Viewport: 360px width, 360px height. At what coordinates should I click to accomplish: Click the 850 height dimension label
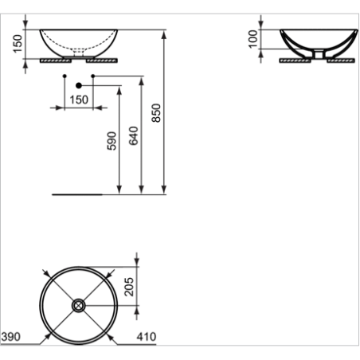coord(156,113)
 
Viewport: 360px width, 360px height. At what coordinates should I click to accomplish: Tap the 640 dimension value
coord(134,135)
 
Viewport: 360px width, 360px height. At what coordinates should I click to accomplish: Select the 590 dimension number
coord(112,141)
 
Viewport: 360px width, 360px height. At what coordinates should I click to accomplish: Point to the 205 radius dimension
coord(129,287)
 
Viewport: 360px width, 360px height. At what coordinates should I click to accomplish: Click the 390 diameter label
coord(11,337)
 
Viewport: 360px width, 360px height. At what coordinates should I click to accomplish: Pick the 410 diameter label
coord(147,337)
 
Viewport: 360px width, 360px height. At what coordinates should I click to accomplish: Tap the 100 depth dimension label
coord(253,39)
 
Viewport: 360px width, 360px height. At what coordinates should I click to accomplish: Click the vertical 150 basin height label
coord(18,44)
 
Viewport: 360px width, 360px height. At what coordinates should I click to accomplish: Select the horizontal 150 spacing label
coord(79,100)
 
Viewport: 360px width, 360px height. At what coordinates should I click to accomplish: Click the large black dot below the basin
coord(79,85)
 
